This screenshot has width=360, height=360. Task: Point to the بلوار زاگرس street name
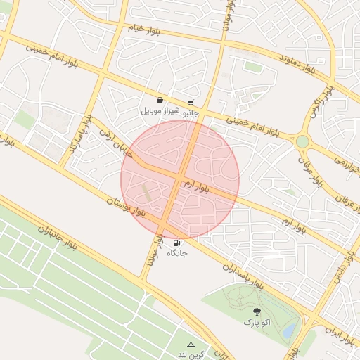tap(321, 102)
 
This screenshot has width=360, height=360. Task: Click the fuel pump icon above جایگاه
tap(175, 243)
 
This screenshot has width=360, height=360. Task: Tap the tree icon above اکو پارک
tap(256, 311)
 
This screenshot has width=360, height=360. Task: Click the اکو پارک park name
tap(257, 322)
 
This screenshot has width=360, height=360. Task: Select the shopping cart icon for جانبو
tap(191, 102)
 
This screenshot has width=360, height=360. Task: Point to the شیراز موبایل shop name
tap(161, 111)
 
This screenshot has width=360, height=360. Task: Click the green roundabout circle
tap(302, 142)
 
